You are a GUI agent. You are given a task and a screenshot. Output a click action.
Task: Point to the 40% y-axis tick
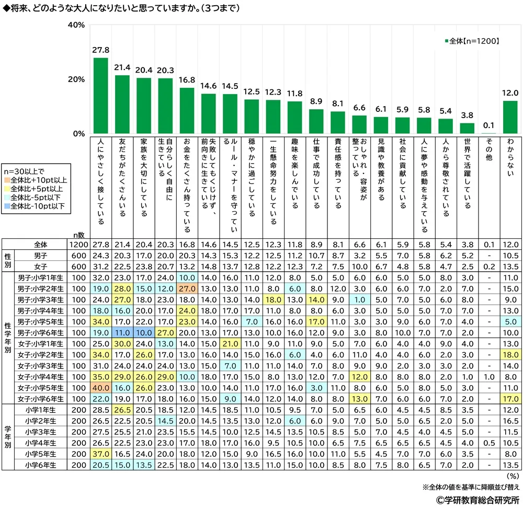pyautogui.click(x=76, y=25)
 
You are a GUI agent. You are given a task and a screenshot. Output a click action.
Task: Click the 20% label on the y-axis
pyautogui.click(x=76, y=79)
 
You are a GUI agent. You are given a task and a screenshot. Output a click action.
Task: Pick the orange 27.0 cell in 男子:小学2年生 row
pyautogui.click(x=187, y=288)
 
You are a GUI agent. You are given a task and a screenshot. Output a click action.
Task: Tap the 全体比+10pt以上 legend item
pyautogui.click(x=36, y=180)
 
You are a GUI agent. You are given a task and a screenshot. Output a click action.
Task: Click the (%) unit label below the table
pyautogui.click(x=513, y=476)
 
